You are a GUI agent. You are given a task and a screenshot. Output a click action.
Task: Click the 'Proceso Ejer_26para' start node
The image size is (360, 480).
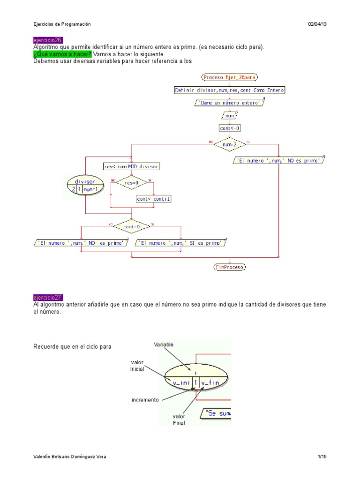coord(230,77)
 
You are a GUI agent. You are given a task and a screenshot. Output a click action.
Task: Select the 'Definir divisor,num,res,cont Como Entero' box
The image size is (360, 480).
coord(230,90)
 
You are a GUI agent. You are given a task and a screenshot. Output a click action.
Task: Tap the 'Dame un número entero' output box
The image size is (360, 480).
coord(230,102)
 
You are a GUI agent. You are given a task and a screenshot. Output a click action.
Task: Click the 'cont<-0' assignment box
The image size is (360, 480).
coord(230,127)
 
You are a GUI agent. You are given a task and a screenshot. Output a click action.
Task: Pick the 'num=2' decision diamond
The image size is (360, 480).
coord(230,144)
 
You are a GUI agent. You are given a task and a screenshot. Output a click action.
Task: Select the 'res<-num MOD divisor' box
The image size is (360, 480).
coord(131,166)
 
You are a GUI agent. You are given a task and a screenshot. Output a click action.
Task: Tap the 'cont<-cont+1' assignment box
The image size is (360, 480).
coord(154,199)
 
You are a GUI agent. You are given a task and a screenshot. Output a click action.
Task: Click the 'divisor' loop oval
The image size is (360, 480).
coord(85,185)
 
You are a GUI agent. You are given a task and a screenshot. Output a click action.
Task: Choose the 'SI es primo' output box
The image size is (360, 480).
coord(181,243)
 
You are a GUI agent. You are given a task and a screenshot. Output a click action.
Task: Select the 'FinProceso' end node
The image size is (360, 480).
coord(230,267)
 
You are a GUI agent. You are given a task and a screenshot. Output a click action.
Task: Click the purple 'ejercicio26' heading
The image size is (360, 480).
coord(48,40)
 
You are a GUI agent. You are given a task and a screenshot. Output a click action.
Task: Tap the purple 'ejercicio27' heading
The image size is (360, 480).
coord(48,298)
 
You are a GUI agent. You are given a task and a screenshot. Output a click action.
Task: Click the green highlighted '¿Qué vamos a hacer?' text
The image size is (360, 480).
coord(62,54)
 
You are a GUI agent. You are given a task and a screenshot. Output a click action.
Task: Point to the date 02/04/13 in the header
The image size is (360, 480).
coord(317,24)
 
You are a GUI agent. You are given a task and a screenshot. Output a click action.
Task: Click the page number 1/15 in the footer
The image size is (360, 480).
coord(322,457)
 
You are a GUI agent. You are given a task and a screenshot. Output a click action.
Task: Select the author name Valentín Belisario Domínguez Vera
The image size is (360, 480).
coord(69,457)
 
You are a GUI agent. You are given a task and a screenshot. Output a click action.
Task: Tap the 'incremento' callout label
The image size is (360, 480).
coord(145,400)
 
